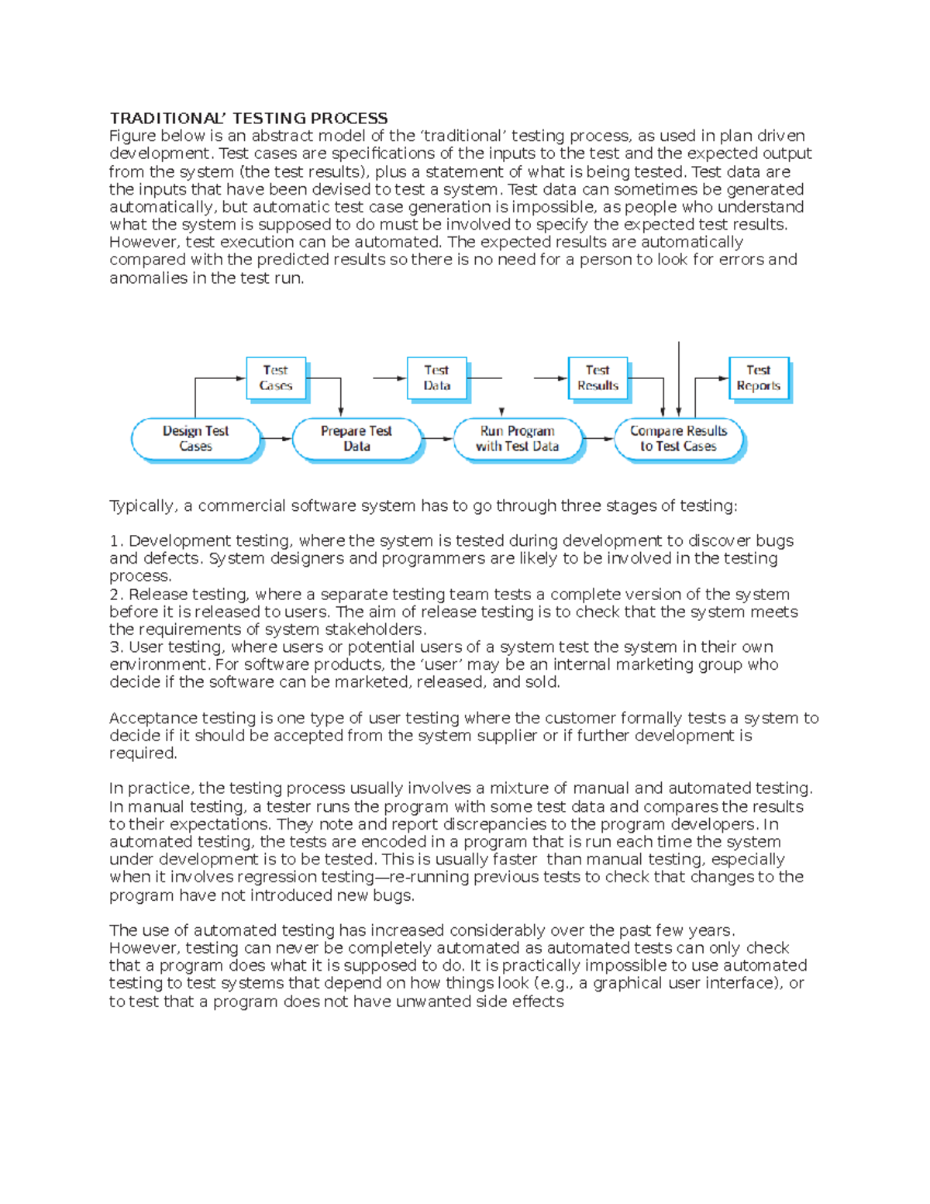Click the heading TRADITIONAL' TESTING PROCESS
click(x=248, y=118)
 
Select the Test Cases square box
click(x=275, y=378)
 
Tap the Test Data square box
click(x=436, y=378)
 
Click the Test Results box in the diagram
click(x=598, y=378)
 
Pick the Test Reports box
click(x=758, y=378)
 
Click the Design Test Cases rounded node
click(x=195, y=439)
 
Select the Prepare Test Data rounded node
click(x=356, y=439)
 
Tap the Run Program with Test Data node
click(x=517, y=439)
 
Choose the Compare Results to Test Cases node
click(x=678, y=439)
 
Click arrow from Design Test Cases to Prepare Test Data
click(x=276, y=439)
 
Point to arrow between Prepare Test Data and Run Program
click(x=437, y=439)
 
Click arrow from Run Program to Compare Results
click(x=598, y=439)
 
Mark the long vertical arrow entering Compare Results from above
click(x=679, y=380)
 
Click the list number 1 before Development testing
click(x=115, y=541)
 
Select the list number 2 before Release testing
click(x=115, y=595)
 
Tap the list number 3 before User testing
click(x=115, y=647)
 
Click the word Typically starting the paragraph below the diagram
click(x=142, y=506)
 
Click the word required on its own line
click(x=142, y=754)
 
